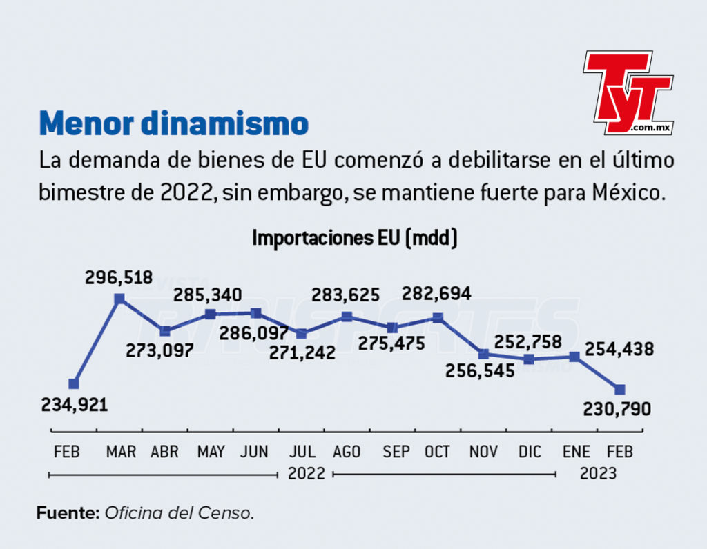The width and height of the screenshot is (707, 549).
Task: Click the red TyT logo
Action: tap(628, 93)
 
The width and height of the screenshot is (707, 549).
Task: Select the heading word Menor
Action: tap(86, 123)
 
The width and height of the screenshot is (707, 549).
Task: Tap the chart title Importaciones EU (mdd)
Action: tap(354, 238)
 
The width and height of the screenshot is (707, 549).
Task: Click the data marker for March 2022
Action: tap(119, 299)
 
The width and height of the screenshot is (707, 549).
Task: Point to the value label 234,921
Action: tap(75, 405)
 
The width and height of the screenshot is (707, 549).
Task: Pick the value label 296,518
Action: tap(119, 277)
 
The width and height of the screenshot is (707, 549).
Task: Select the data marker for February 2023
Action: tap(620, 389)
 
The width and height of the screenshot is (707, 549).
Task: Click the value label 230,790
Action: tap(617, 409)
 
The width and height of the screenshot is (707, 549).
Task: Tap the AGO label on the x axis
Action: tap(347, 451)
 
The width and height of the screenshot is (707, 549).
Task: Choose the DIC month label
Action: tap(530, 451)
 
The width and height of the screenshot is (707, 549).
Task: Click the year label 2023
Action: tap(598, 473)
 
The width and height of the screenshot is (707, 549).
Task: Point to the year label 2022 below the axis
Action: tap(306, 473)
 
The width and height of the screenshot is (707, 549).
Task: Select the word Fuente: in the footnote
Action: tap(68, 513)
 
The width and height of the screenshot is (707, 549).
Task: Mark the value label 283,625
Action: tap(346, 295)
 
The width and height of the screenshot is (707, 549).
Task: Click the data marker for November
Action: tap(483, 354)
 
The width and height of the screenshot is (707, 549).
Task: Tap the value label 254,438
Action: tap(619, 349)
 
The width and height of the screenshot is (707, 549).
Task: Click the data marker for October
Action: tap(438, 319)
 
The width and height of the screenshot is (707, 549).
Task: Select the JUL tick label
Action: tap(302, 451)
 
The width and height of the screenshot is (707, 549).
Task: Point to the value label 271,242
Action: tap(302, 352)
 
